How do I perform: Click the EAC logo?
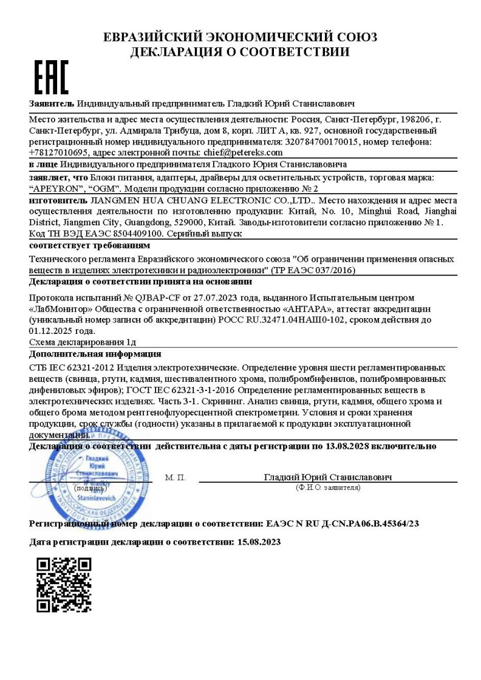(x=50, y=77)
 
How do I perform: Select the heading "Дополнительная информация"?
(x=95, y=353)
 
